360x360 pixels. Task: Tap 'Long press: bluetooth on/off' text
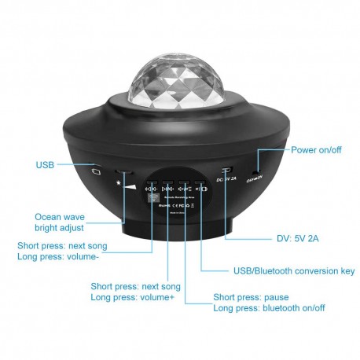[270, 308]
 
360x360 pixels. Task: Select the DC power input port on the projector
[226, 171]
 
